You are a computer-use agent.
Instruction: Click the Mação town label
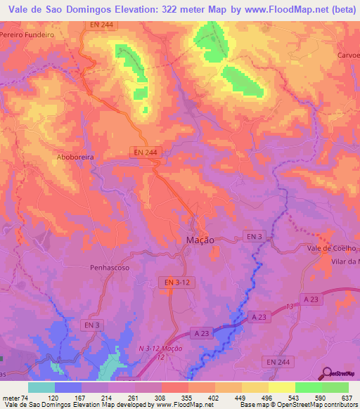click(200, 239)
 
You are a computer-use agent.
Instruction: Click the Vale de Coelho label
click(332, 248)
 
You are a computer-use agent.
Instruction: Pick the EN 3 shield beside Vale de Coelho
click(254, 236)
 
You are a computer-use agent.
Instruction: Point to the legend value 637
click(346, 397)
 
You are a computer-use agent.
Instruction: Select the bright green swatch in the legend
click(308, 387)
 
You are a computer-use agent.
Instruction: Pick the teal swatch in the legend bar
click(41, 387)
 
